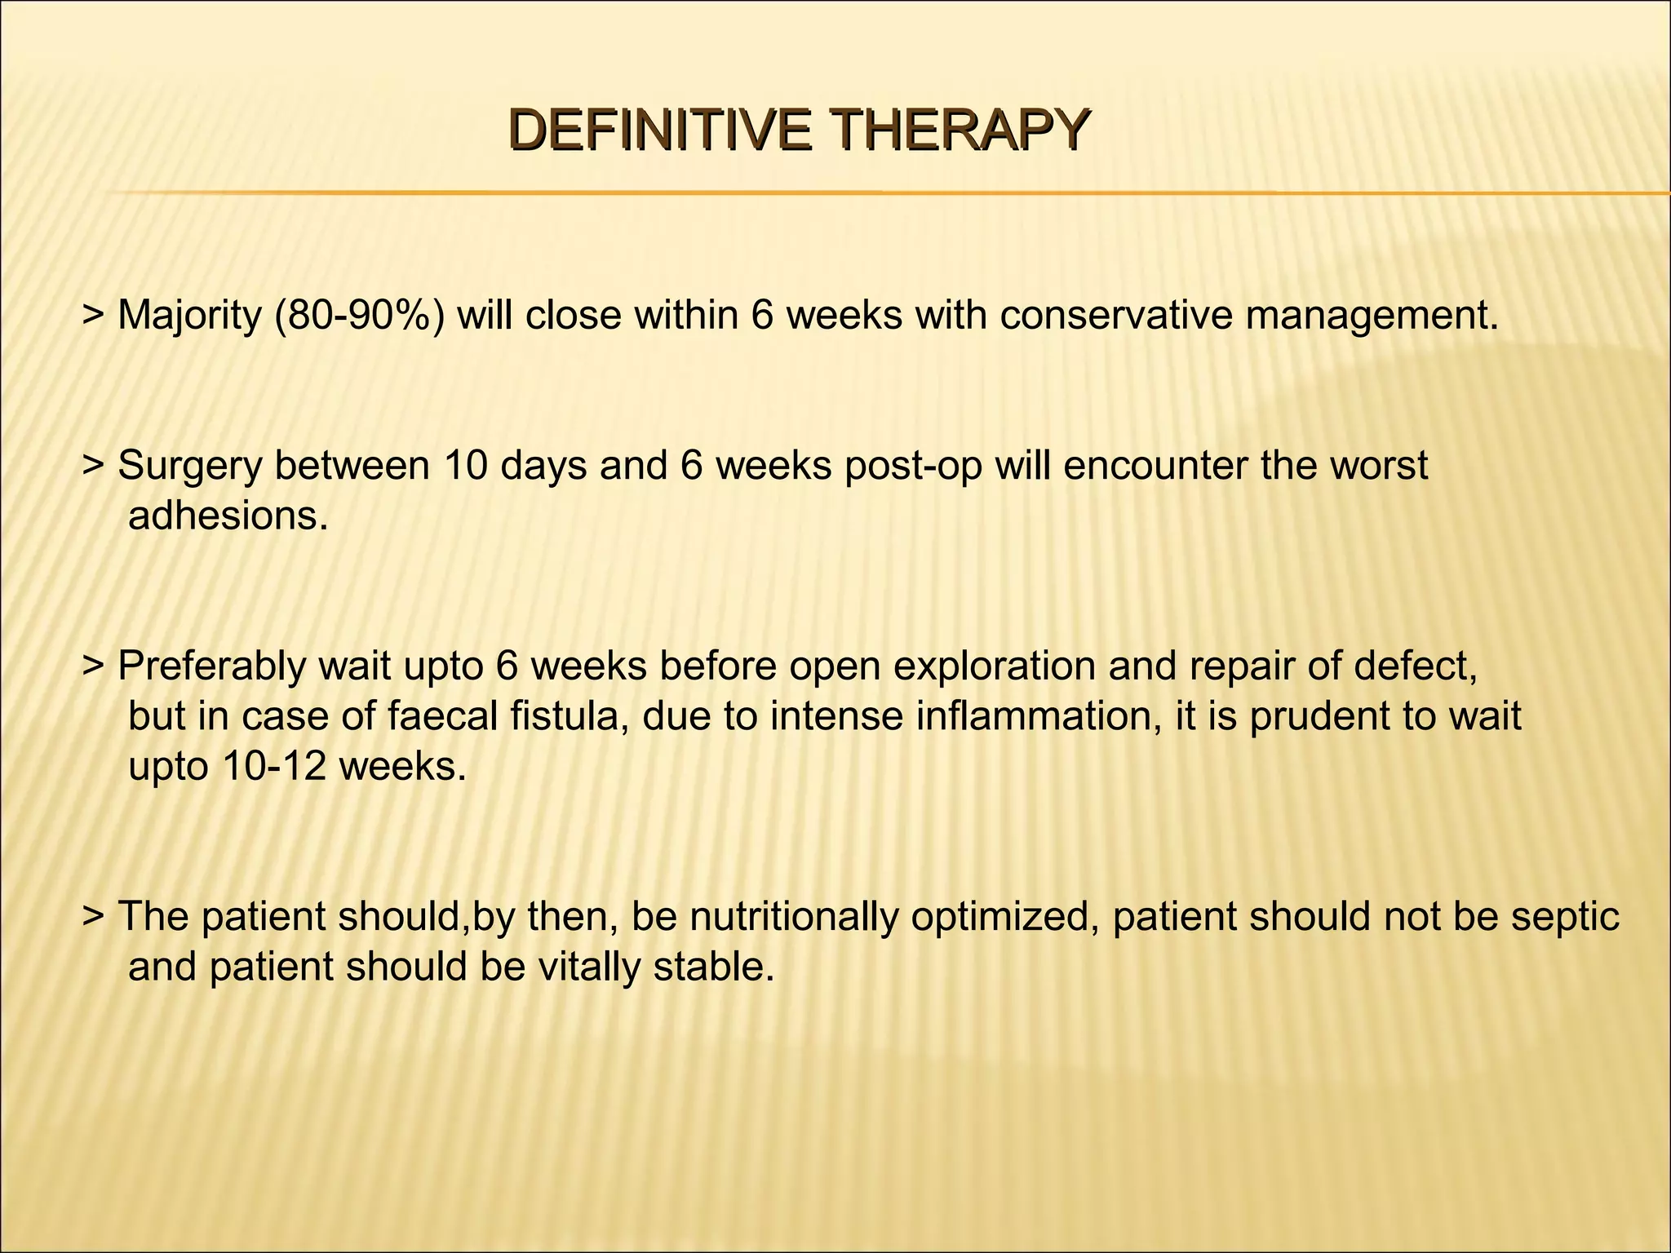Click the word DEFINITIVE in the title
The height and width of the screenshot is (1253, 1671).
click(x=659, y=131)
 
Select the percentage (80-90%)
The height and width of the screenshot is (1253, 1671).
click(x=361, y=316)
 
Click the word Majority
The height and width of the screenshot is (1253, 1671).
click(x=188, y=316)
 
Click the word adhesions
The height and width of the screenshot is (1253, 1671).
click(x=228, y=516)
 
